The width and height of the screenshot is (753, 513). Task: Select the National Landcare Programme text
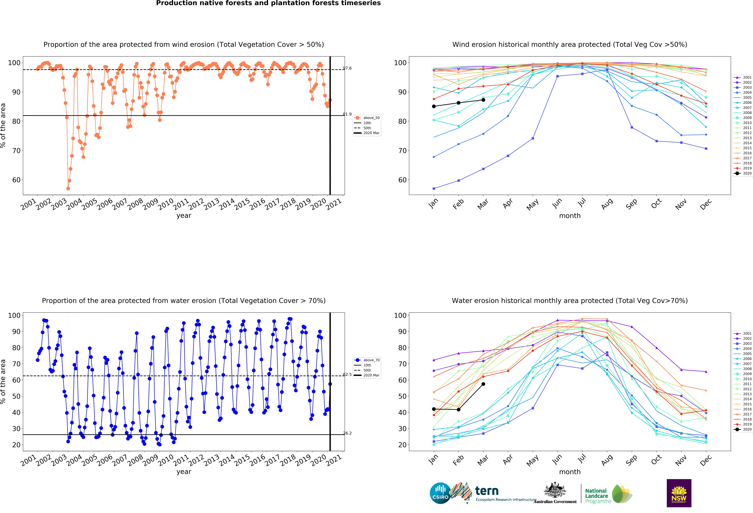coord(598,496)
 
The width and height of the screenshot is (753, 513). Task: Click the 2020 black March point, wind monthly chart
coord(483,100)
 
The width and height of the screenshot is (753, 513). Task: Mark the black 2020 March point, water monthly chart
coord(483,384)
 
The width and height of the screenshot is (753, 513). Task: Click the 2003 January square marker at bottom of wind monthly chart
coord(434,188)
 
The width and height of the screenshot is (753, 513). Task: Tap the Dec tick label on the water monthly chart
coord(706,460)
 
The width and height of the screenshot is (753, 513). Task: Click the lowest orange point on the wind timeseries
coord(68,188)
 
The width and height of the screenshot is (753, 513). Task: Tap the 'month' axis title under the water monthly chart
coord(570,472)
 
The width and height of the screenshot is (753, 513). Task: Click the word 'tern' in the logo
coord(487,491)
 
